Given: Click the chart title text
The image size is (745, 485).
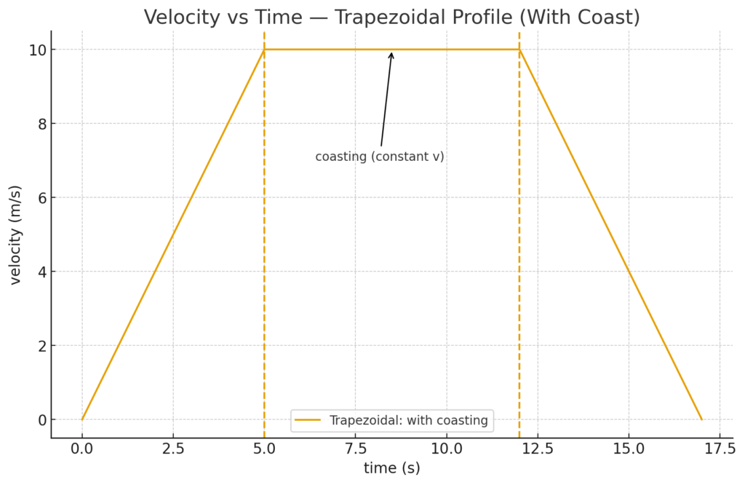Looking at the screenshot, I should tap(391, 17).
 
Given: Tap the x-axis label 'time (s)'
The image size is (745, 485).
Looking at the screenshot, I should tap(391, 468).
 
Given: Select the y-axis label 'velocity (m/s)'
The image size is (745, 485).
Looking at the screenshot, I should tap(15, 234).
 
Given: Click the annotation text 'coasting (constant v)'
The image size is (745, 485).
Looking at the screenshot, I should tap(380, 157).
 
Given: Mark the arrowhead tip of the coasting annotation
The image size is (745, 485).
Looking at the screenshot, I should tap(391, 52).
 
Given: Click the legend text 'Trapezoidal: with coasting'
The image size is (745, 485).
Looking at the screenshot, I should tap(408, 420).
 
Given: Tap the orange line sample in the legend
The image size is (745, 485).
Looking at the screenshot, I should tap(308, 420).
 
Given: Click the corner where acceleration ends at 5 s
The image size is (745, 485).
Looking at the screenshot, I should tap(264, 50).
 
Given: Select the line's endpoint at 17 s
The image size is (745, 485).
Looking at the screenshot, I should tap(701, 419).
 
